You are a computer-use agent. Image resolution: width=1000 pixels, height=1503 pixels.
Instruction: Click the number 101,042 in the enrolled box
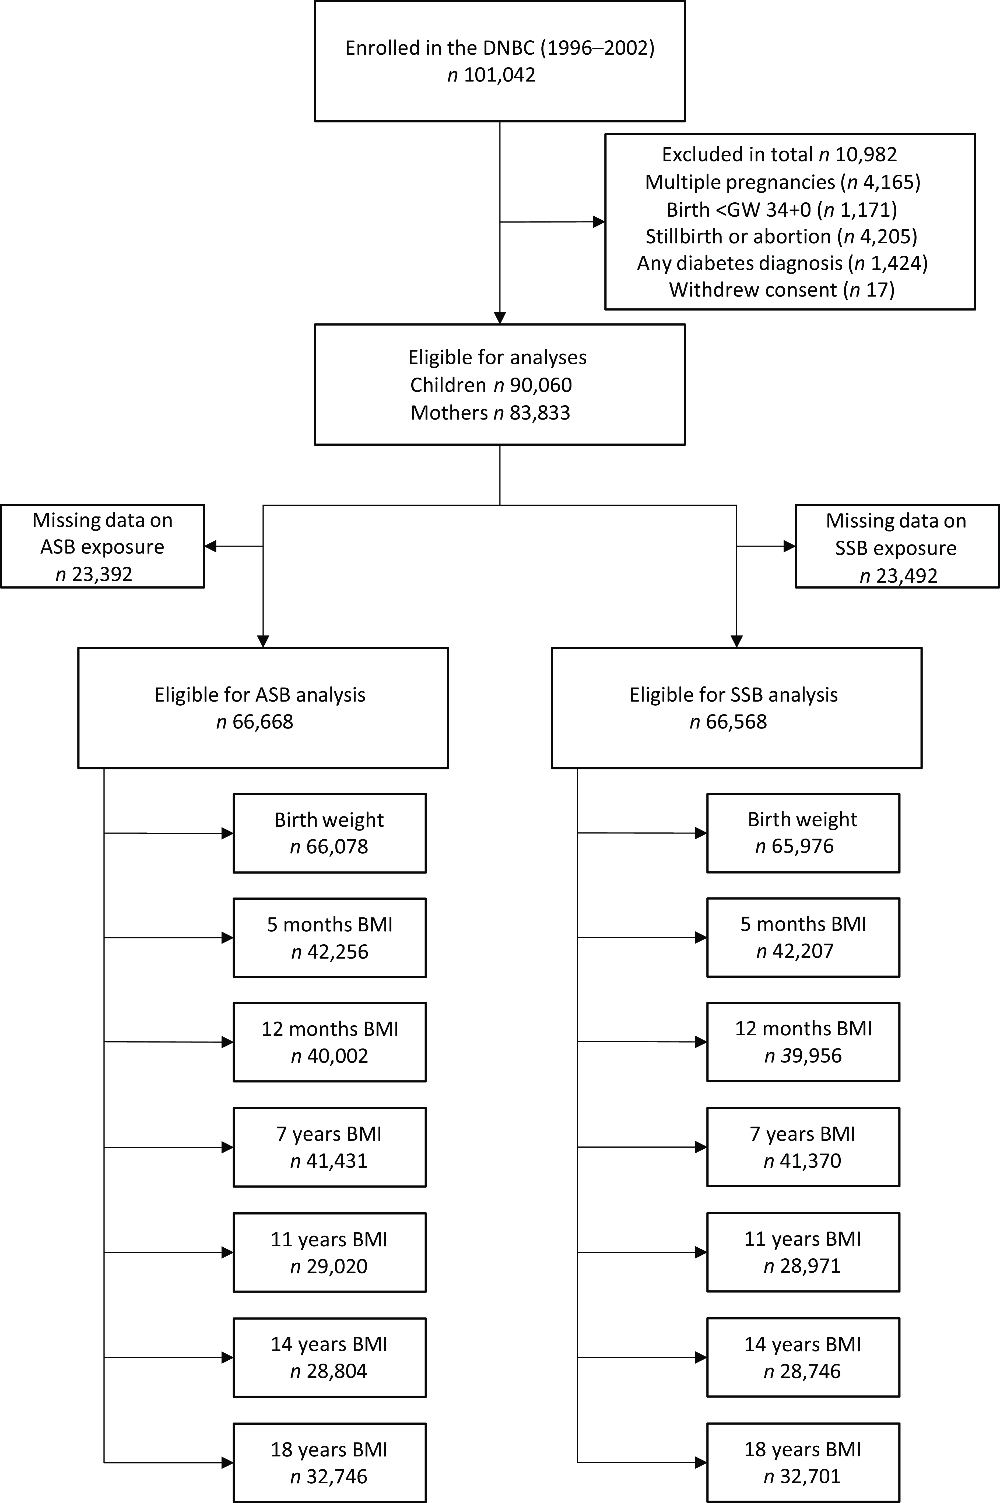pos(499,75)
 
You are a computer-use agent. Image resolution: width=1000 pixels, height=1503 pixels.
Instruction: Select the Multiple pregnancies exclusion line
pos(783,182)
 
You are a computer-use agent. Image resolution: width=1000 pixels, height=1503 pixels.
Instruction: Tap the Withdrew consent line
pos(782,290)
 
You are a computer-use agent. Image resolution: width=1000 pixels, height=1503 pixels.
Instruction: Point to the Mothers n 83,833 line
pos(490,412)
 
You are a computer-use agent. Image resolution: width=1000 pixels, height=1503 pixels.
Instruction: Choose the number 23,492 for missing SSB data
pos(909,576)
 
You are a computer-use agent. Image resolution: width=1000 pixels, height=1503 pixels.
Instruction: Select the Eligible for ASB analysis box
pos(263,707)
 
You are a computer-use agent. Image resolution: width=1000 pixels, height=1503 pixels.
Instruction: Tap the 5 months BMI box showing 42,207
pos(803,938)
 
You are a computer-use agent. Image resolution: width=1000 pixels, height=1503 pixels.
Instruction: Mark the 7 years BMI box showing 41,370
pos(803,1147)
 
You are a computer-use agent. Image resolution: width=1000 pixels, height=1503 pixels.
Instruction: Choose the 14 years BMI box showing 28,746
pos(803,1358)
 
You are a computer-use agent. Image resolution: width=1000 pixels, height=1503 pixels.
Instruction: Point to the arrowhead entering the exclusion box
pos(599,222)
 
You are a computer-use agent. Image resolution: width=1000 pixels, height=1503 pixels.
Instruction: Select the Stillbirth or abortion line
pos(781,237)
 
